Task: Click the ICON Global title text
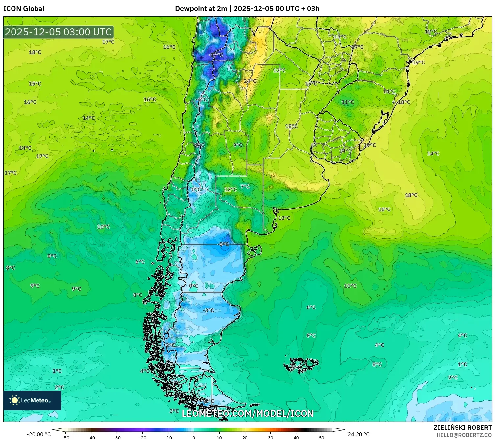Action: click(x=24, y=9)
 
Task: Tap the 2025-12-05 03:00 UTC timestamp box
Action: click(x=59, y=32)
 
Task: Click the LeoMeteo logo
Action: click(x=32, y=400)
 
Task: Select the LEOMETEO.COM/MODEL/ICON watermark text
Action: click(x=247, y=413)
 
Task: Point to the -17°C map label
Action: click(x=216, y=55)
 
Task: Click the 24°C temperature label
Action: click(x=250, y=81)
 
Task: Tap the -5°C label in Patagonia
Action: click(x=223, y=244)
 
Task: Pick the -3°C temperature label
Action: click(x=208, y=310)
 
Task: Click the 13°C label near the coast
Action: click(x=284, y=218)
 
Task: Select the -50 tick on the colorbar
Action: click(x=65, y=437)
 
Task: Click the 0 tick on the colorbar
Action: click(x=193, y=437)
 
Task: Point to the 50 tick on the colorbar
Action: click(x=321, y=437)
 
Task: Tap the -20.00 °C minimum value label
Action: click(x=39, y=434)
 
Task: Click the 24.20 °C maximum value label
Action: click(x=359, y=434)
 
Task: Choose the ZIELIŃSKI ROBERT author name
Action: click(x=462, y=428)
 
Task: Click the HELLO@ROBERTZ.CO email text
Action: click(x=464, y=435)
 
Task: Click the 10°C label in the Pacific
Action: click(x=103, y=227)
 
